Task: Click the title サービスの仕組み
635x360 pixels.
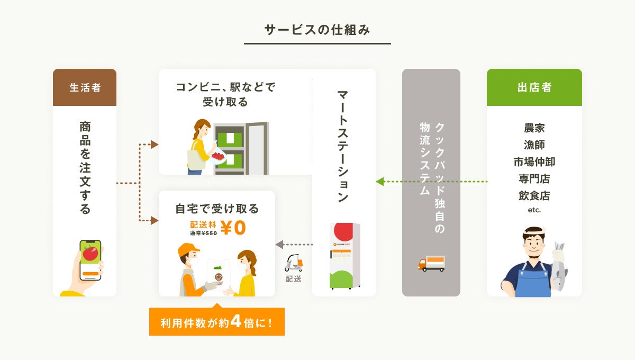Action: point(317,30)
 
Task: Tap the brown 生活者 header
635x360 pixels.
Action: point(85,87)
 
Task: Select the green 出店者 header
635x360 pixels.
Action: point(534,87)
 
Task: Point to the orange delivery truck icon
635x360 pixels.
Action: point(431,263)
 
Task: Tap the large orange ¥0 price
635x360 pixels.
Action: point(233,228)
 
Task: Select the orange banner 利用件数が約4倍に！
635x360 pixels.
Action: point(217,322)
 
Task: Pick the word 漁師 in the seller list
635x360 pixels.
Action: point(534,145)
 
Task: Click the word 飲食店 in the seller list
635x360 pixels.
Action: point(534,195)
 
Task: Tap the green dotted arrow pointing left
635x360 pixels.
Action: point(431,182)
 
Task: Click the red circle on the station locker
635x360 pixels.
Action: point(344,231)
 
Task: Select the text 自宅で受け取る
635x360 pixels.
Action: point(217,209)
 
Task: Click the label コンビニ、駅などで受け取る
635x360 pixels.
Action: point(225,94)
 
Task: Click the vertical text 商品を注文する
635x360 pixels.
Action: point(85,167)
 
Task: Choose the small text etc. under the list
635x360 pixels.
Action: point(534,210)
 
